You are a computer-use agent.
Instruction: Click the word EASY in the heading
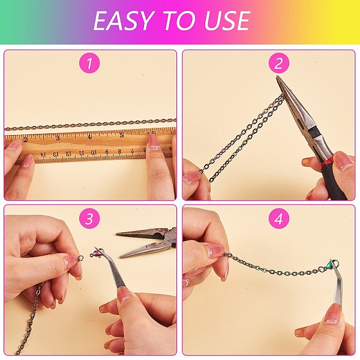[x=124, y=21]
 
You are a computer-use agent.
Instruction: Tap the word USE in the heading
[x=227, y=21]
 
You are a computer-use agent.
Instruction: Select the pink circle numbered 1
[x=89, y=63]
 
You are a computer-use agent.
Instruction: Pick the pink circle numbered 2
[x=279, y=63]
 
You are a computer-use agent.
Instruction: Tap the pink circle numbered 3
[x=89, y=219]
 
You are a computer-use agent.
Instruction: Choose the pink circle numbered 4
[x=279, y=219]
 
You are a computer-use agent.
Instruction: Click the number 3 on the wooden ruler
[x=58, y=138]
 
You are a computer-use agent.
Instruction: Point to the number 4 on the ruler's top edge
[x=90, y=137]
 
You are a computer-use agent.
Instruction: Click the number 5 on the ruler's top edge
[x=122, y=135]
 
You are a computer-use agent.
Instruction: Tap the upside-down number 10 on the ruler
[x=94, y=152]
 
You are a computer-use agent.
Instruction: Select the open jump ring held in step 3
[x=80, y=258]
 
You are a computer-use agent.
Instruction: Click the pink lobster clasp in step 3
[x=97, y=254]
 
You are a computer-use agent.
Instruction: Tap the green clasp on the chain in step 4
[x=330, y=264]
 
